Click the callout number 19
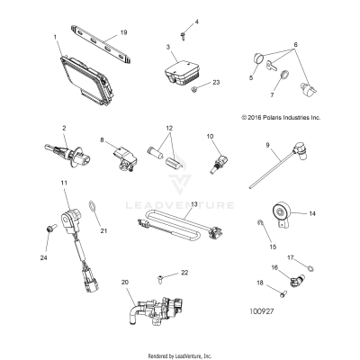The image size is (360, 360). [123, 31]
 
